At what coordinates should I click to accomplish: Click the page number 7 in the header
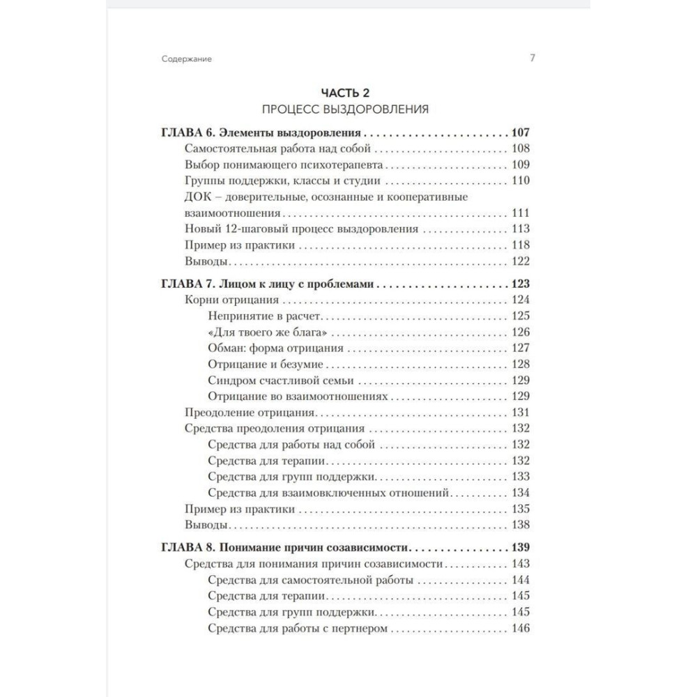(x=532, y=59)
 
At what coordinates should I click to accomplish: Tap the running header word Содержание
(x=186, y=59)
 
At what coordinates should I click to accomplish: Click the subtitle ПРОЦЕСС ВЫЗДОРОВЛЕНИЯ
(x=345, y=109)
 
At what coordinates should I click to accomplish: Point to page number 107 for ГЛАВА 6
(x=520, y=133)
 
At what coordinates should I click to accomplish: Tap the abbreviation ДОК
(x=197, y=197)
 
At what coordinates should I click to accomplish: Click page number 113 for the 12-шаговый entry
(x=520, y=229)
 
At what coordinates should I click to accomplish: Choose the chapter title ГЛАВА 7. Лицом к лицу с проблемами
(x=268, y=284)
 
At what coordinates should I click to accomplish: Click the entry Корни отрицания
(x=233, y=300)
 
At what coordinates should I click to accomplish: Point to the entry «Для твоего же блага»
(x=268, y=332)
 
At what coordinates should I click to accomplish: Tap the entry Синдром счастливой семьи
(x=281, y=380)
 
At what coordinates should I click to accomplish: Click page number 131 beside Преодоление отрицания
(x=520, y=412)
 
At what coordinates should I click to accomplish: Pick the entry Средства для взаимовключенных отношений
(x=328, y=492)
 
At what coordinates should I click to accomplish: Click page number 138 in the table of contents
(x=520, y=524)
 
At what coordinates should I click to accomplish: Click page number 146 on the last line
(x=520, y=629)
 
